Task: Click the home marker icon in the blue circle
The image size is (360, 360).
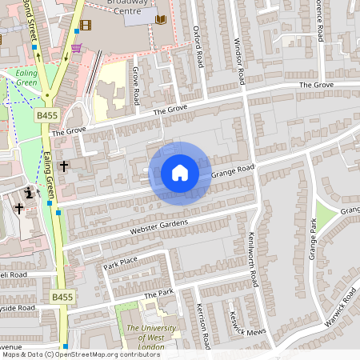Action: (x=179, y=173)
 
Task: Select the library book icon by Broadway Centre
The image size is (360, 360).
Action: (x=160, y=19)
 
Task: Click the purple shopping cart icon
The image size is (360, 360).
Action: (x=76, y=48)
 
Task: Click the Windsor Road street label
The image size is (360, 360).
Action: (x=238, y=61)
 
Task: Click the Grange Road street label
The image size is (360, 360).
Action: (x=233, y=170)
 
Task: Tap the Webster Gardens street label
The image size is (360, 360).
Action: (x=159, y=226)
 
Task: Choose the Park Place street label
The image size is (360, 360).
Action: (x=121, y=262)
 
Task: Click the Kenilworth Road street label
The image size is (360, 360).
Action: (x=254, y=260)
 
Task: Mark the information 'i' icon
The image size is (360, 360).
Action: (x=30, y=192)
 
